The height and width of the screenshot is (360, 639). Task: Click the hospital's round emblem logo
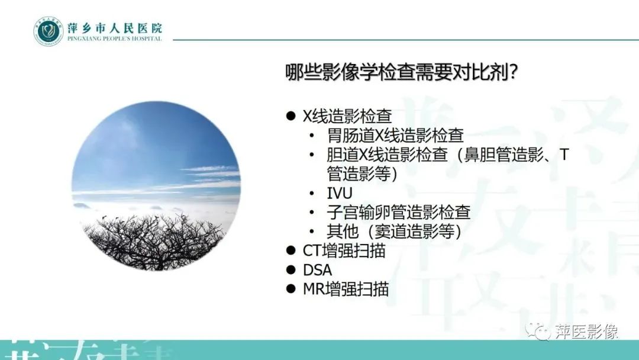coord(48,31)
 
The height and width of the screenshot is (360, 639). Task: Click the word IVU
coord(340,193)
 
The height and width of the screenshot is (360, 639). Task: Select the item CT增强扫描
coord(344,250)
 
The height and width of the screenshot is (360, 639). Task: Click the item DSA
coord(318,269)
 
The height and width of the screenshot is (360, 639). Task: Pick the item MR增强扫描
coord(346,289)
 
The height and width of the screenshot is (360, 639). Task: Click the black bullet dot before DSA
coord(291,269)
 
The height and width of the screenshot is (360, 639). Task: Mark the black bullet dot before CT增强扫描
coord(291,250)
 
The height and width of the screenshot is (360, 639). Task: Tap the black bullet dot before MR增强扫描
coord(291,289)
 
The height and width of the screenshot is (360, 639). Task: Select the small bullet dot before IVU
coord(312,194)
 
